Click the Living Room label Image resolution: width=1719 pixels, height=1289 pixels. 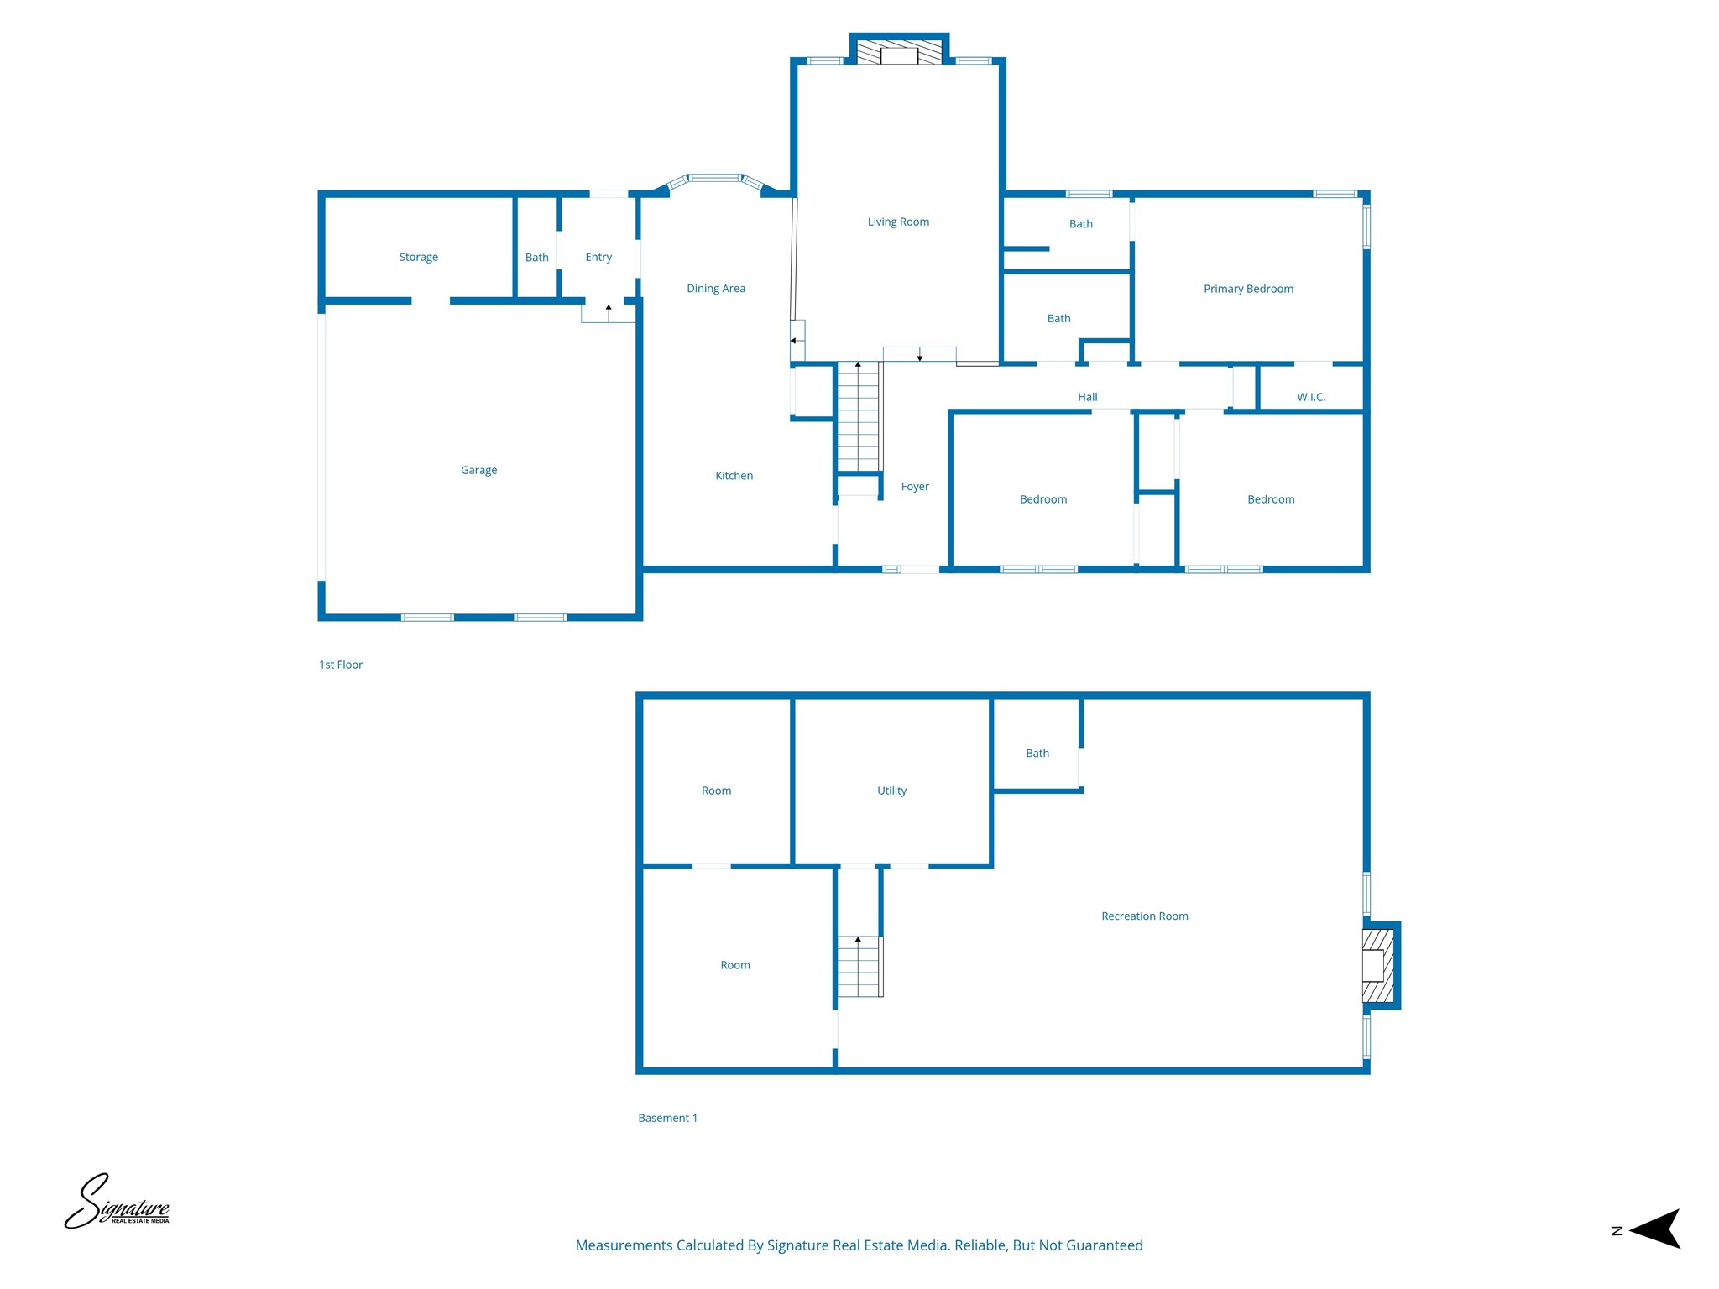pos(898,222)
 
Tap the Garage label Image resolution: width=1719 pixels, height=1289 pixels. pos(478,470)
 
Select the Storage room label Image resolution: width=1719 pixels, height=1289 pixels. pos(418,258)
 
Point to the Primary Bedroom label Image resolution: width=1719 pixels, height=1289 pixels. pos(1248,289)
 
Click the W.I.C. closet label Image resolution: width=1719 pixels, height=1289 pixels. pos(1310,397)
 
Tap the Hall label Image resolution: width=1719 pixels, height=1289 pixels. pos(1087,397)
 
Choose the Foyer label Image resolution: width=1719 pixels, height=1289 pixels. pos(914,487)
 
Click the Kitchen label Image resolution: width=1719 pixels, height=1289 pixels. pos(734,476)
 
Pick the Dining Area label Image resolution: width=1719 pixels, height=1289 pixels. pos(715,289)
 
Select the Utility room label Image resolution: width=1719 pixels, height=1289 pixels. pos(891,791)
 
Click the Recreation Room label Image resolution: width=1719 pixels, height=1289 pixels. pos(1144,916)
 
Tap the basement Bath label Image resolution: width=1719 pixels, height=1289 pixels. pos(1037,754)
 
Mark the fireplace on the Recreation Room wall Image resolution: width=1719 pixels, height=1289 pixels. pos(1377,965)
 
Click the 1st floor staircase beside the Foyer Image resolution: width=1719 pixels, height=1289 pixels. pos(858,417)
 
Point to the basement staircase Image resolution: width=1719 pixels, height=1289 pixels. pos(859,966)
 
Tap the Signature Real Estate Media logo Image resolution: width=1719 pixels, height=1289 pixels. pos(118,1203)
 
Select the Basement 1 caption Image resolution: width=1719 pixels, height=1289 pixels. pos(667,1118)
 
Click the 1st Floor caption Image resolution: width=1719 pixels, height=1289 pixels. pos(340,665)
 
